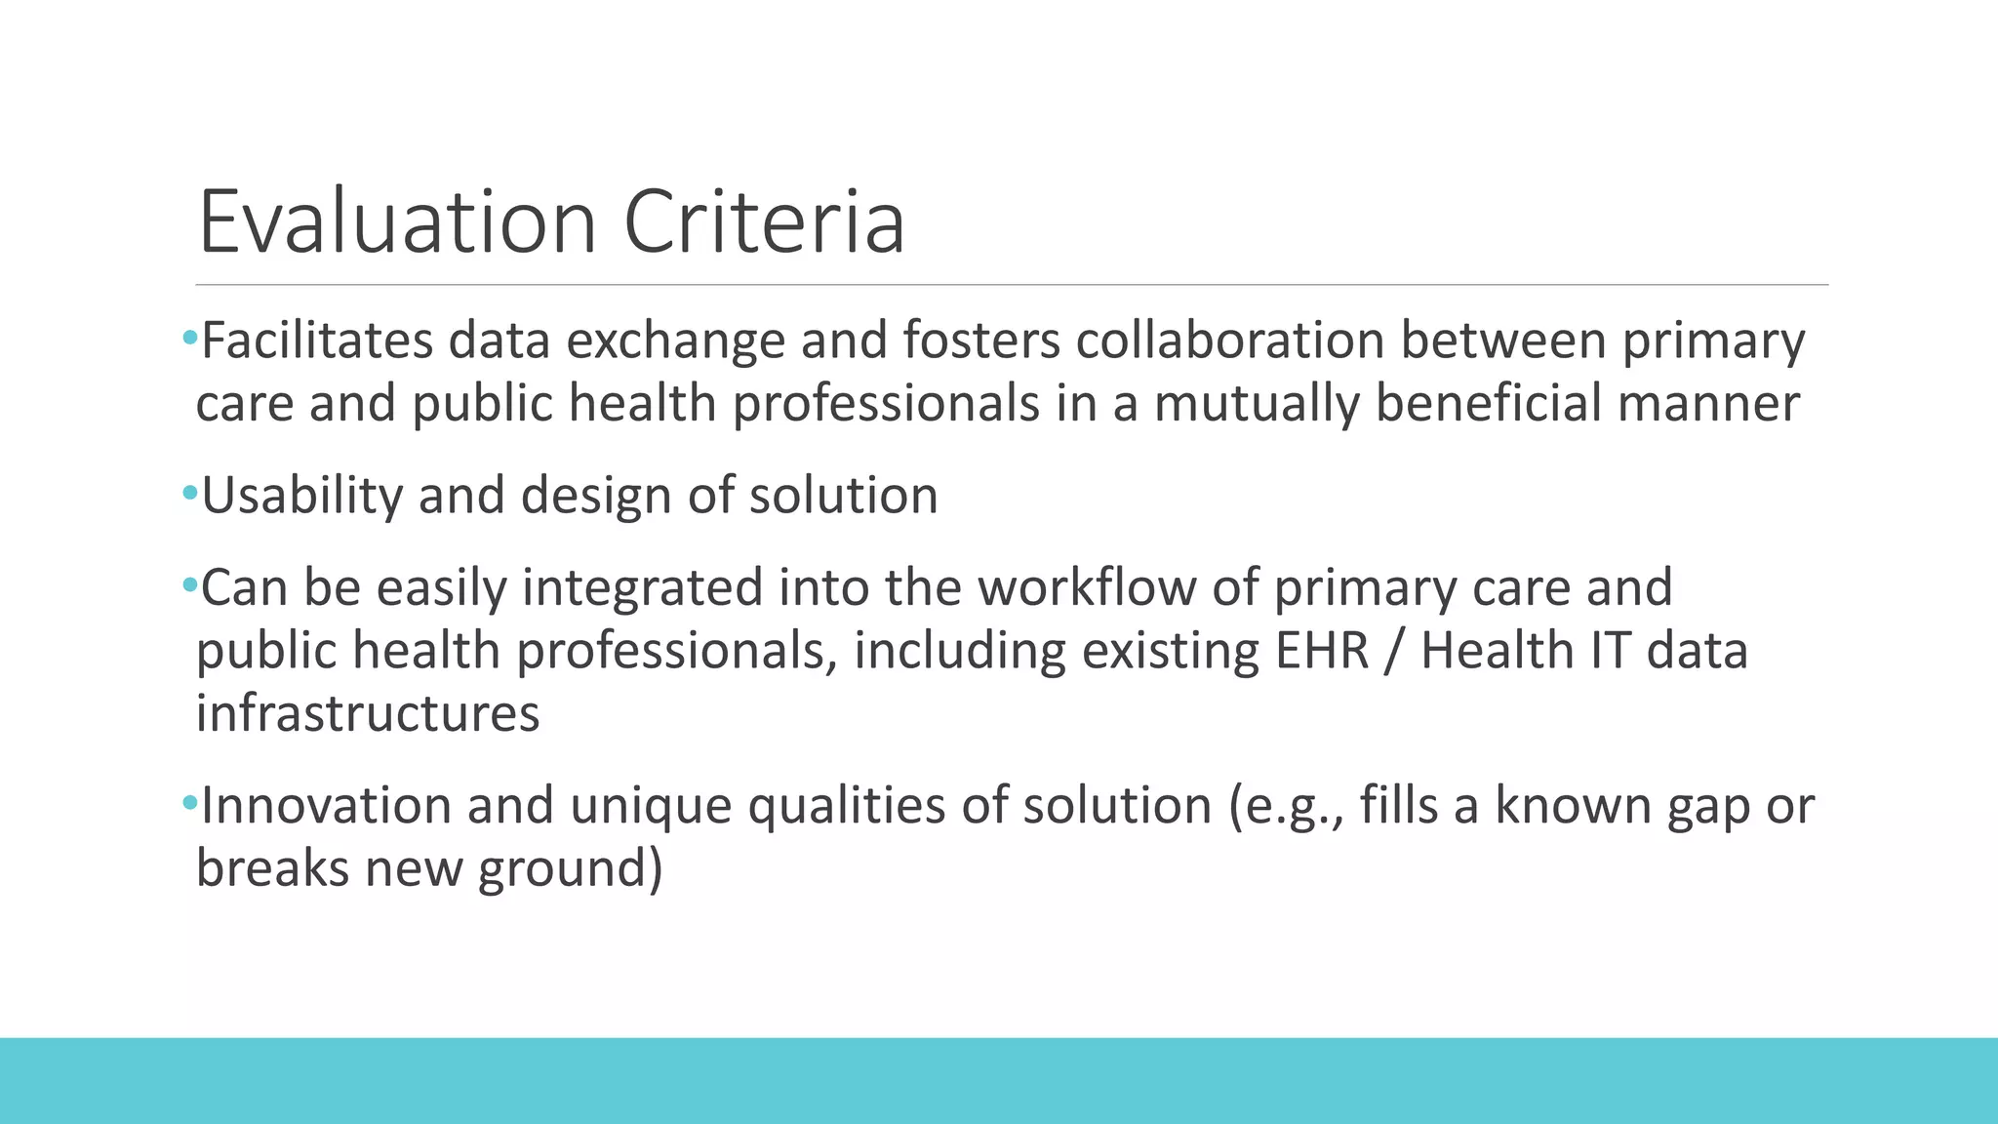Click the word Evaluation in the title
397,222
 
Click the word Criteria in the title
764,222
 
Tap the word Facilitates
317,341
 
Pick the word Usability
301,496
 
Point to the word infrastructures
368,713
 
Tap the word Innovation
325,806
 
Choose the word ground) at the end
571,868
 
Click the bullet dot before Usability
189,494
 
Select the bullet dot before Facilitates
189,339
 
